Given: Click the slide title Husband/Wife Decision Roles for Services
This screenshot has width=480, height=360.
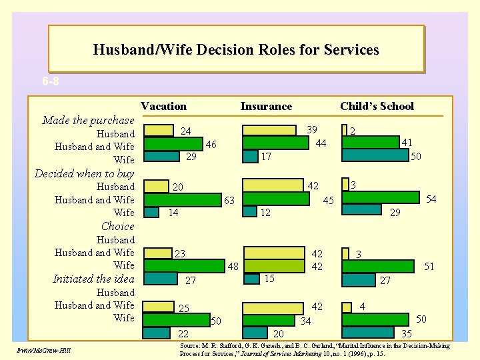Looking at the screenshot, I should [x=236, y=50].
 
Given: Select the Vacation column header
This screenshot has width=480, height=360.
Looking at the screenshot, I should [x=164, y=106].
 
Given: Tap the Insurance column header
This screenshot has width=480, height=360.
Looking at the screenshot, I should [x=266, y=106].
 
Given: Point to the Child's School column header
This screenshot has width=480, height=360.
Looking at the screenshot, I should [x=377, y=106].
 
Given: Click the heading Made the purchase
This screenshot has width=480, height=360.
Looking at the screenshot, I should [x=88, y=121].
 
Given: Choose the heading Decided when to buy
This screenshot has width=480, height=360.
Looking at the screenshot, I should [x=84, y=173].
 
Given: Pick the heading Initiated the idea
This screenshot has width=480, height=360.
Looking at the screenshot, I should [x=93, y=279].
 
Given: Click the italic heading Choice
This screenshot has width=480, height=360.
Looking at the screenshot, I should [x=117, y=226].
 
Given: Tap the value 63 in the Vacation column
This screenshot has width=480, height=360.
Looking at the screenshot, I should [x=229, y=200].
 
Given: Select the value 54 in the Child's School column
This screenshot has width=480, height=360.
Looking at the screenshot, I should [x=431, y=199].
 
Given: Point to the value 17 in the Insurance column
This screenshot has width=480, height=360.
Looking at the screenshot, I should [x=265, y=157].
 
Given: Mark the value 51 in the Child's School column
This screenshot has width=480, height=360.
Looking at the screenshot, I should [x=429, y=267].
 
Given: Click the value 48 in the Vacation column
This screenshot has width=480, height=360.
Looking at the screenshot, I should [x=233, y=267].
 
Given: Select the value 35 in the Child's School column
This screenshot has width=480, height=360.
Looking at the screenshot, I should [x=406, y=333].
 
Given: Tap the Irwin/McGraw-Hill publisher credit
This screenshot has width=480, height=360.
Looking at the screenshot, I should [x=46, y=351].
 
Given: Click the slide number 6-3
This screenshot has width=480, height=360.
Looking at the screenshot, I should [x=51, y=82].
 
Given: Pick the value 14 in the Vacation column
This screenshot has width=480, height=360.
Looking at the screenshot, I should [x=173, y=213].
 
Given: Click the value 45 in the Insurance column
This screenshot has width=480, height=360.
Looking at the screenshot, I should [x=329, y=201].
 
